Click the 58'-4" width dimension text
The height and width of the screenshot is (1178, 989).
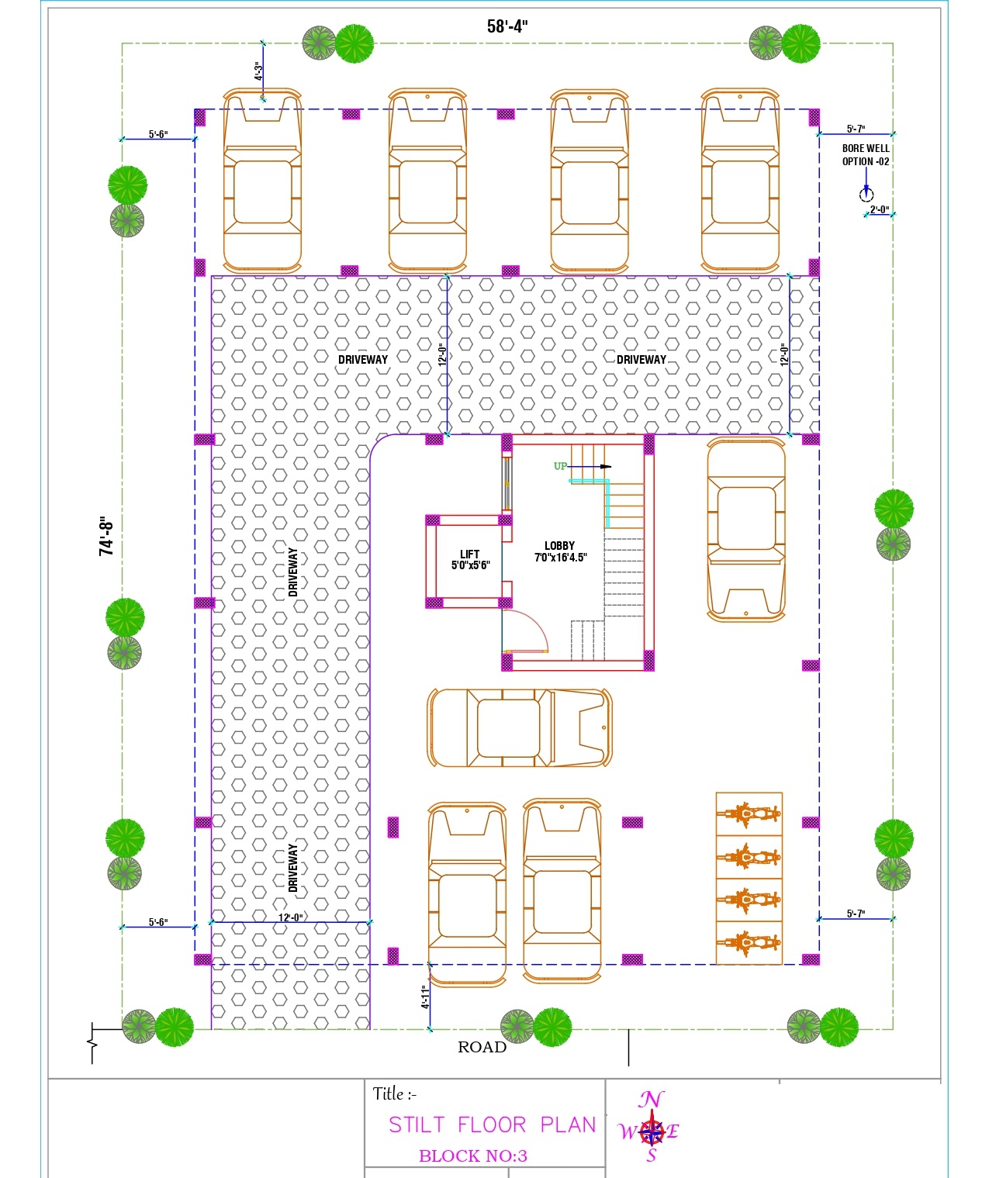507,26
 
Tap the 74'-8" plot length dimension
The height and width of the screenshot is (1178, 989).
106,535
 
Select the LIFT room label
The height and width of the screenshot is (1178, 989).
469,554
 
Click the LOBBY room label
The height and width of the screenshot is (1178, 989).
559,545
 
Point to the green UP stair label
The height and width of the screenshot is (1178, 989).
560,466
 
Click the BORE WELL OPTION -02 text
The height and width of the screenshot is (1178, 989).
866,154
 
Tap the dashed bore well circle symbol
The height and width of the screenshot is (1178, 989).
866,195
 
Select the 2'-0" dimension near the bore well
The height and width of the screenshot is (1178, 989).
879,209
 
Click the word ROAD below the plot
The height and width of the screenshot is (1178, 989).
482,1047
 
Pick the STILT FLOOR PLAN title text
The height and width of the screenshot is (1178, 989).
493,1124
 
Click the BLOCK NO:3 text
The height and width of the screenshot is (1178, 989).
473,1156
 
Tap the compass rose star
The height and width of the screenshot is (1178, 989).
652,1131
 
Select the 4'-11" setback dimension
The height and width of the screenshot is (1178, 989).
425,997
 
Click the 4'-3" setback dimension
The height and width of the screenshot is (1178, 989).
258,71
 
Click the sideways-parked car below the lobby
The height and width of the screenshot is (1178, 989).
520,727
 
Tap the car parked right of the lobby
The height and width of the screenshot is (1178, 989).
745,530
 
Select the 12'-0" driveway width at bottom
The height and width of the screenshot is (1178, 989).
290,917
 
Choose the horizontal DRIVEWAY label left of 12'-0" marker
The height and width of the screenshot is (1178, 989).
363,359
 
